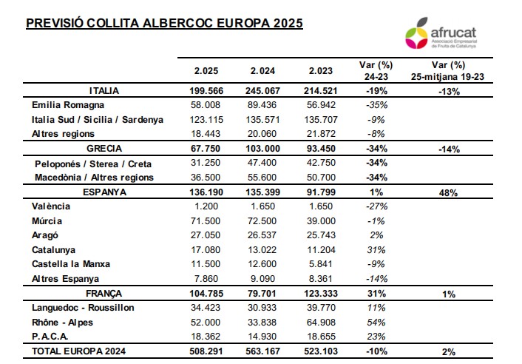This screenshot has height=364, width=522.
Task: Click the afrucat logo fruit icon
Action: [416, 33]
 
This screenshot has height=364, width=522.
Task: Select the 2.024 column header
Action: [262, 70]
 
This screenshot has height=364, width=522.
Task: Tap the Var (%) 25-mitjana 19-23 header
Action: [448, 70]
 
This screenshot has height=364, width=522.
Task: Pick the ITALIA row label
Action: [104, 90]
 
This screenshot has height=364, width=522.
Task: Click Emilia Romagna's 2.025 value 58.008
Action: [206, 105]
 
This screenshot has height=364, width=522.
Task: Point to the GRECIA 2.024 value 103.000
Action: [262, 149]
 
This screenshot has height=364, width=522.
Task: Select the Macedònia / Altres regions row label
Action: [94, 178]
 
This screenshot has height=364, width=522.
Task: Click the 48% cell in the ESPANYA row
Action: [448, 193]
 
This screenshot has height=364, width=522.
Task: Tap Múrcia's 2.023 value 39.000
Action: [321, 220]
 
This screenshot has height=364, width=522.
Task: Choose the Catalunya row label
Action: [53, 250]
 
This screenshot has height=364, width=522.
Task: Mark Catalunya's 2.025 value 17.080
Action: [206, 250]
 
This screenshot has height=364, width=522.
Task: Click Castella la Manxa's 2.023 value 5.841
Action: [321, 264]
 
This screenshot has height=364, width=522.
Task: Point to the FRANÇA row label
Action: [104, 294]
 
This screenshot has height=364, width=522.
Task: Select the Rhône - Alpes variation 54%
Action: [376, 323]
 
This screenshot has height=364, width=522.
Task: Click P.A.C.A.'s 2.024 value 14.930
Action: [262, 337]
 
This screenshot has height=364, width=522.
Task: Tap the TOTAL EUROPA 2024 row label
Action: [78, 351]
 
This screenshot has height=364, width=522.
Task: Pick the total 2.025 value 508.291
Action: [206, 351]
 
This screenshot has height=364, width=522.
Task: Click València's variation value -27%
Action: [376, 206]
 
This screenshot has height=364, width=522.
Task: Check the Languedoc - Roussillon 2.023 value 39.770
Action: [321, 308]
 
